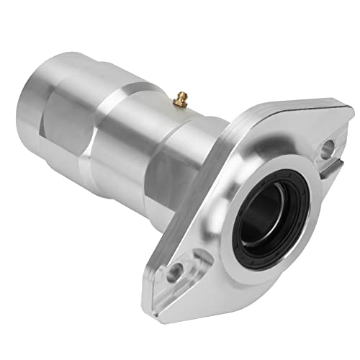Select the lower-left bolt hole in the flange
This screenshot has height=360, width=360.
[x=174, y=273]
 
